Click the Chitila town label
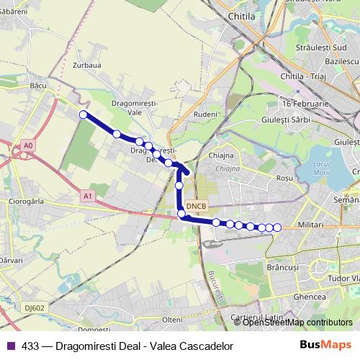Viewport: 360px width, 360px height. pos(241,15)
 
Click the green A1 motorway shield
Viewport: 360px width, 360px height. pos(87,195)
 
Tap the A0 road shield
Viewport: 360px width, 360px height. pos(27,146)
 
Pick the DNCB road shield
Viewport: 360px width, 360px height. pos(196,206)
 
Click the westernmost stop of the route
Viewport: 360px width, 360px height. pos(84,114)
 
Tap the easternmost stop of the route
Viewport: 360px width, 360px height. pos(277,228)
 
